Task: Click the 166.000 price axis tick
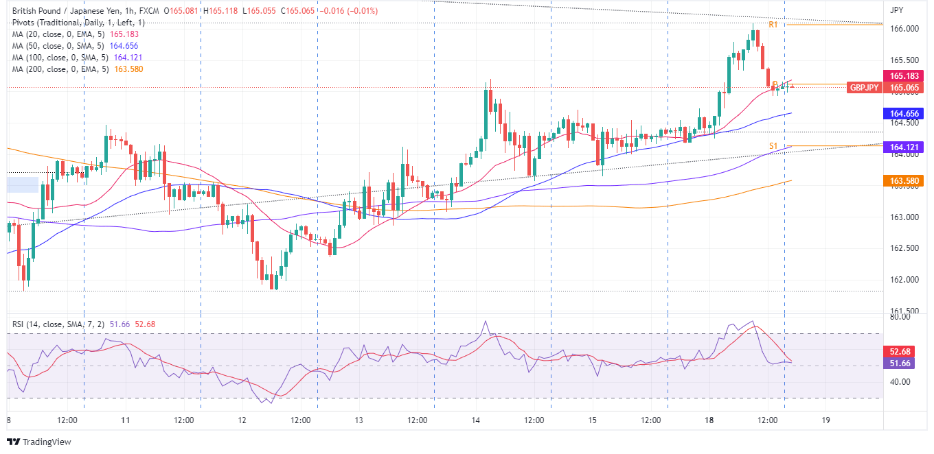click(x=904, y=29)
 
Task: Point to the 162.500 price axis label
click(x=904, y=248)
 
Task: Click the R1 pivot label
click(x=773, y=25)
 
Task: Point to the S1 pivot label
click(x=773, y=145)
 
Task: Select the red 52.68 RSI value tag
click(x=904, y=352)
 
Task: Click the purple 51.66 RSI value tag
click(x=904, y=363)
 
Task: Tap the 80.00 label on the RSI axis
click(x=900, y=318)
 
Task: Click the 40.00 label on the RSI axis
click(x=900, y=382)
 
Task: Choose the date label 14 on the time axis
click(x=475, y=420)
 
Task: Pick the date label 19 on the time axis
click(x=826, y=420)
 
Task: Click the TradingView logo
click(x=39, y=442)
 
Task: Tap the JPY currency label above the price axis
click(x=896, y=10)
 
